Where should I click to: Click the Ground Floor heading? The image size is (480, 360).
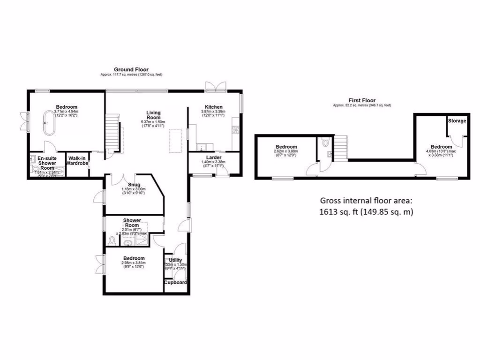[x=131, y=69]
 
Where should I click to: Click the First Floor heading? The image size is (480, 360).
[x=362, y=100]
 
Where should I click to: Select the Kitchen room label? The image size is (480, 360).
[x=213, y=107]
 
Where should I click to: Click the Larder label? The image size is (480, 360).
[x=213, y=157]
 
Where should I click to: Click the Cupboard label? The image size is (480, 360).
[x=176, y=283]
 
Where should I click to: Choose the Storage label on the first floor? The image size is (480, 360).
[x=457, y=121]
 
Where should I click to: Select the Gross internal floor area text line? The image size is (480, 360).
[x=366, y=200]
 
